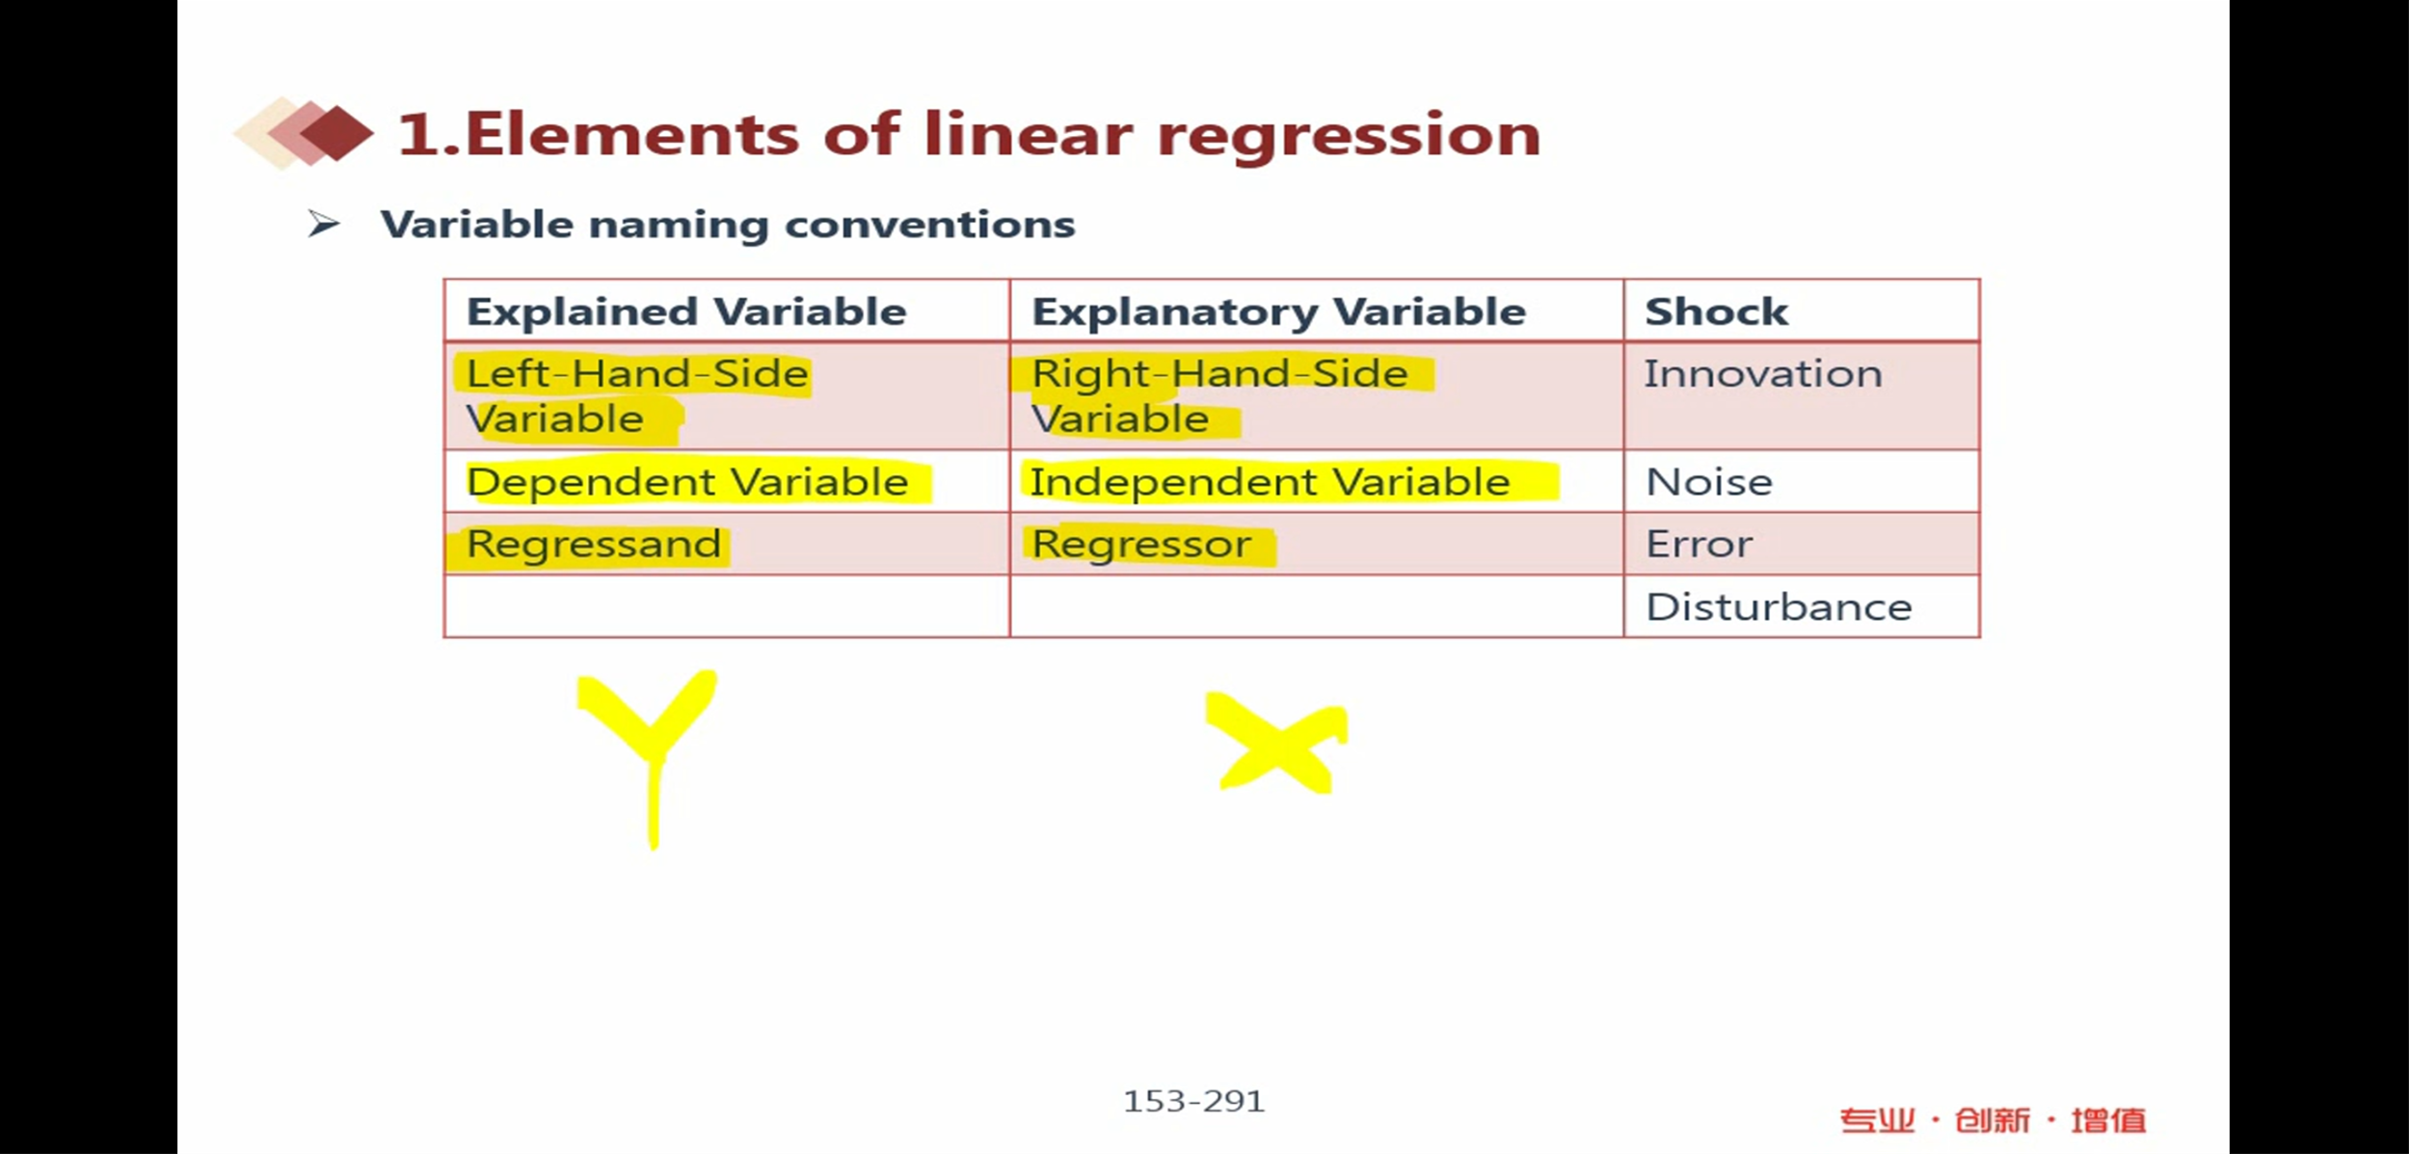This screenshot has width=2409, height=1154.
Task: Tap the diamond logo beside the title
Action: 304,133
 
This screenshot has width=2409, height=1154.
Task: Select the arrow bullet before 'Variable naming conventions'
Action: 324,225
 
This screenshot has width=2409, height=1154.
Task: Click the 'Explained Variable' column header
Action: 686,311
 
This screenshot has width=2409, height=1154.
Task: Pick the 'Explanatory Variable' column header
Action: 1279,312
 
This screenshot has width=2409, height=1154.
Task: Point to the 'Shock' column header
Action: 1717,311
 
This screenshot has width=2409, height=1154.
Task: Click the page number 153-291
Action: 1193,1101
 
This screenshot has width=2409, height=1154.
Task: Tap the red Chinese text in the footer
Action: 1993,1120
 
